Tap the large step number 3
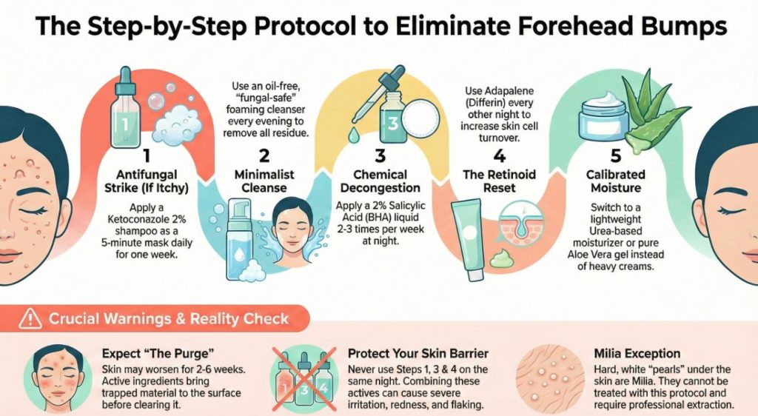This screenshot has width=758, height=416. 380,156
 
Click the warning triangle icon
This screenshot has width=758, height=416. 30,320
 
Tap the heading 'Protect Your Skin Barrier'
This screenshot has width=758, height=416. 420,354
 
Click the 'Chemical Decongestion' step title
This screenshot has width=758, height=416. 380,181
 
